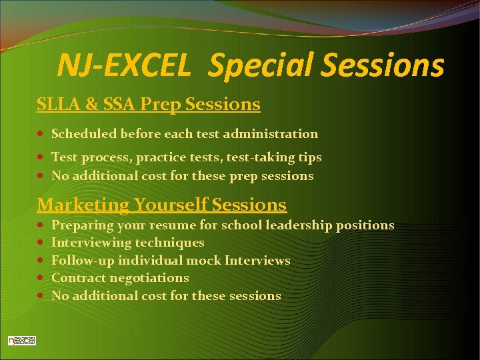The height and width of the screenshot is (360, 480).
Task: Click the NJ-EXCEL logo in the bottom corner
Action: [x=21, y=341]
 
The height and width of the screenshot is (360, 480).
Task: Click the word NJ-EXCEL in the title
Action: [x=123, y=65]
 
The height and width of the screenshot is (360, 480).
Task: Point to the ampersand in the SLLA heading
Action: [x=90, y=105]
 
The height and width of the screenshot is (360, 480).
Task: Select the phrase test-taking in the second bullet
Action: [x=255, y=157]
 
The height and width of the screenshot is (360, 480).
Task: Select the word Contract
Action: [x=76, y=277]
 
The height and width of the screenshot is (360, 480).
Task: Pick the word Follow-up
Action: [x=79, y=260]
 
